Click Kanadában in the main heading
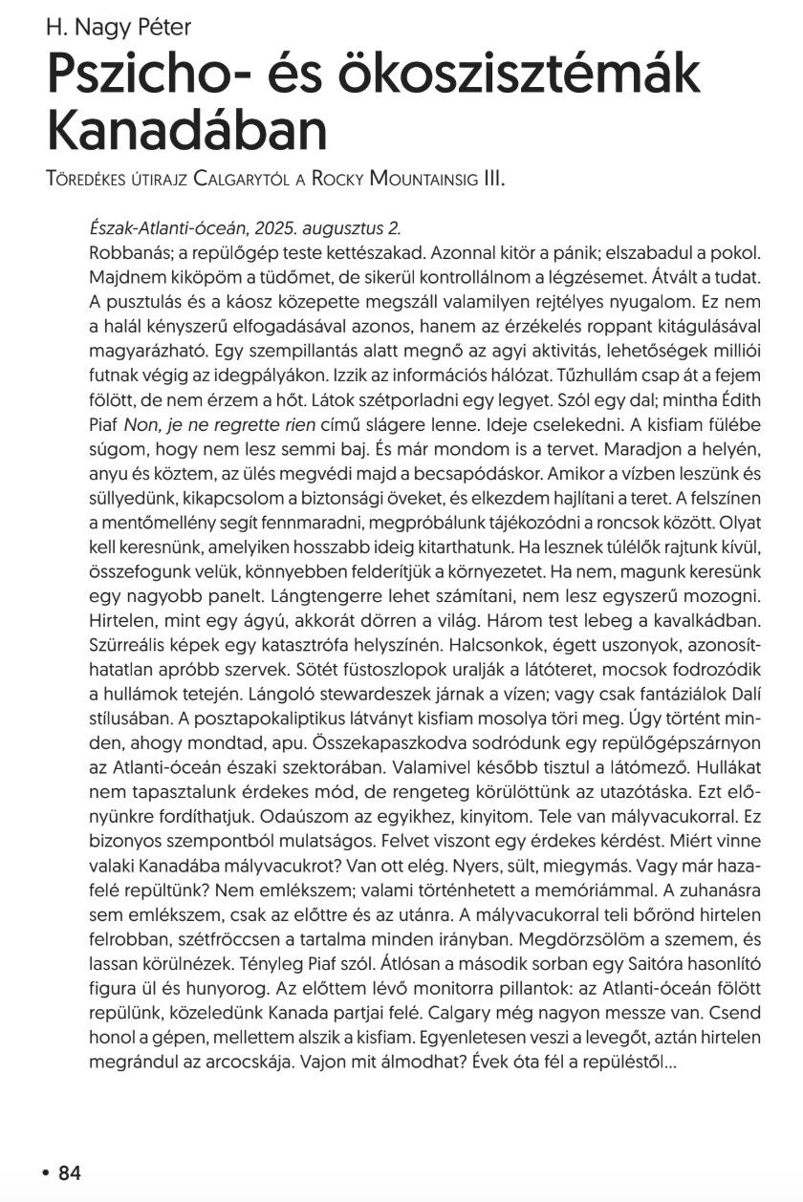pyautogui.click(x=186, y=129)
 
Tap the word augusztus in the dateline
pyautogui.click(x=343, y=228)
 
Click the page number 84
pyautogui.click(x=70, y=1172)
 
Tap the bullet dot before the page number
pyautogui.click(x=46, y=1172)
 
